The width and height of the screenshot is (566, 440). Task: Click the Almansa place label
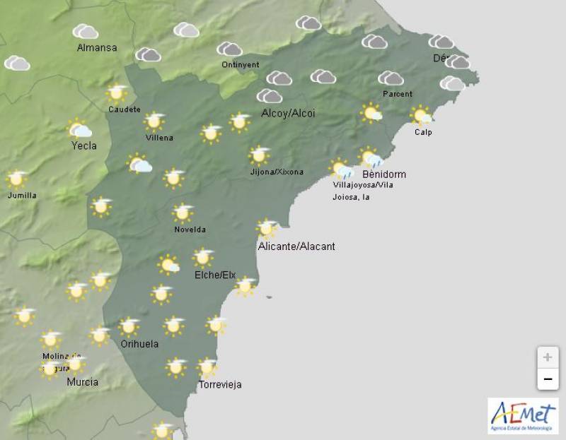point(97,48)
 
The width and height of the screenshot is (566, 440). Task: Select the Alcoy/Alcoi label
point(288,113)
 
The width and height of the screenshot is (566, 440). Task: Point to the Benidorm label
point(383,174)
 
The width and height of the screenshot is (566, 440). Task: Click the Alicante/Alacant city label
point(296,246)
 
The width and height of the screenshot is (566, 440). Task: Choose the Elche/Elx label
point(214,275)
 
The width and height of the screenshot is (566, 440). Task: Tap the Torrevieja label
point(220,385)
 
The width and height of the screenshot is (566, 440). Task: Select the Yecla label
point(84,146)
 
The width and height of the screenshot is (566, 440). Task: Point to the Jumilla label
point(21,196)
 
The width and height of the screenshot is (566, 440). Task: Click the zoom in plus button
point(547,357)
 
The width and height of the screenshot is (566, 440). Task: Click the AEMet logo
point(523,415)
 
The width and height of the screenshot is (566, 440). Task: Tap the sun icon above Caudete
point(117,93)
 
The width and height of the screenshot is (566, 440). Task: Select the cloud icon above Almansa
point(86,31)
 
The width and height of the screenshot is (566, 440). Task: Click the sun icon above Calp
point(422,115)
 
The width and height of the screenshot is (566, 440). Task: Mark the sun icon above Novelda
point(183,213)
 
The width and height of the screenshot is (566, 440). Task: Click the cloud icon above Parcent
point(391,78)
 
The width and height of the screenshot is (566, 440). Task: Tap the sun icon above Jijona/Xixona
point(260,155)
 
